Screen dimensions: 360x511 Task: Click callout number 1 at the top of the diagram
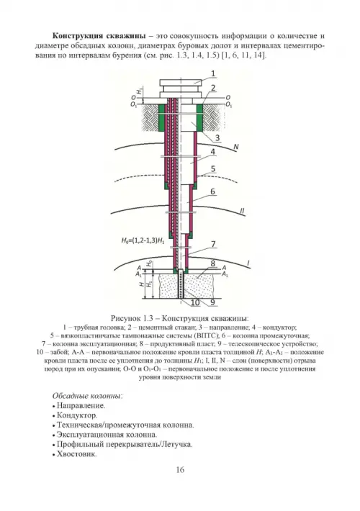tap(213, 73)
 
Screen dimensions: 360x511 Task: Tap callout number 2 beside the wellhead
tap(213, 88)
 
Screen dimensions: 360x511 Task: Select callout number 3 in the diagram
tap(217, 138)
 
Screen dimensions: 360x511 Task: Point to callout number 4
tap(212, 152)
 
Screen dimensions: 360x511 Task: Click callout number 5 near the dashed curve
tap(213, 169)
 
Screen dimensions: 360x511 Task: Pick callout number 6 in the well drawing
tap(212, 191)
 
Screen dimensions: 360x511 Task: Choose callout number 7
tap(213, 244)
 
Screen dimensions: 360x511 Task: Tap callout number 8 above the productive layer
tap(212, 263)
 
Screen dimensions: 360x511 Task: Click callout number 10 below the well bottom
tap(195, 303)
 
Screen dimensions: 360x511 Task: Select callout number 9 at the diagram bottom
tap(212, 303)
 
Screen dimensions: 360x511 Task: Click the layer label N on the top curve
tap(236, 147)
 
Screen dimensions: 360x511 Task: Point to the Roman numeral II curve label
tap(242, 211)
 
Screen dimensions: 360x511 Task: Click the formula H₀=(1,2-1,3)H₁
tap(143, 241)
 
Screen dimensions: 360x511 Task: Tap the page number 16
tap(180, 469)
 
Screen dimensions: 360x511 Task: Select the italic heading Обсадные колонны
tap(87, 396)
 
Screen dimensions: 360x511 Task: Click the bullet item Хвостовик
tap(76, 454)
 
